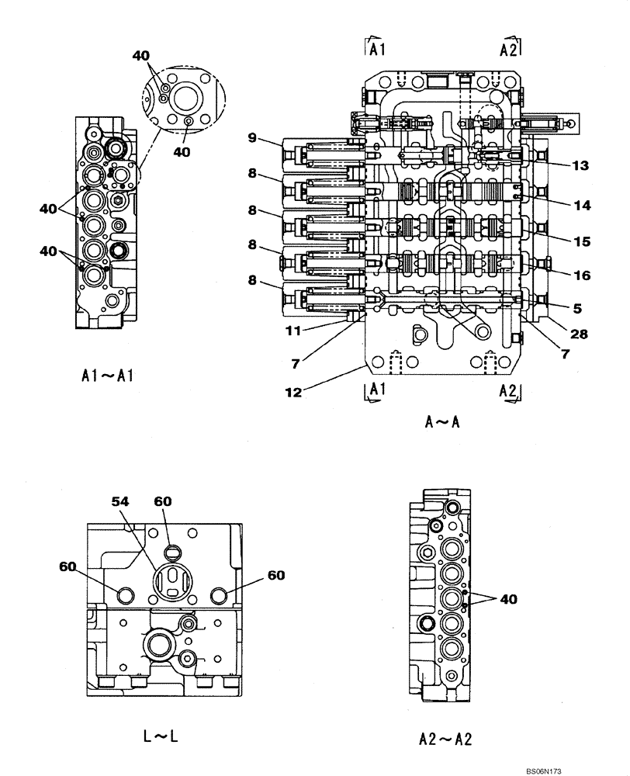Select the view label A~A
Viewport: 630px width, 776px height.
coord(443,422)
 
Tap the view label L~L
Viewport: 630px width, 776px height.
coord(161,736)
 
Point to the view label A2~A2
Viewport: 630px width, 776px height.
coord(444,740)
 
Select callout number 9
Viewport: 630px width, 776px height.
coord(252,139)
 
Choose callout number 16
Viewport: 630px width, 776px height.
coord(582,275)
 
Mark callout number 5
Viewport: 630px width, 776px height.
coord(577,307)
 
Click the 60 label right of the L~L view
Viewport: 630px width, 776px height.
coord(275,575)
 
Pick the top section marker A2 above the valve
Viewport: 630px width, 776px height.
coord(509,50)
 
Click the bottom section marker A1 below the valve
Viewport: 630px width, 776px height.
coord(376,390)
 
